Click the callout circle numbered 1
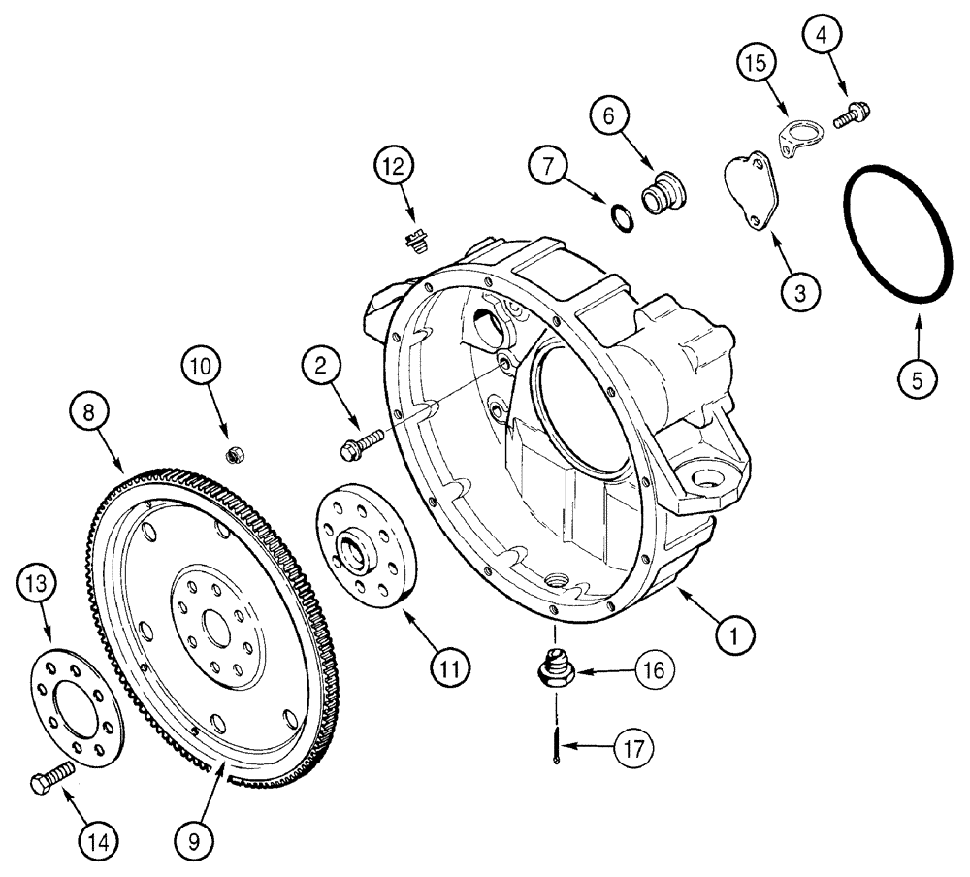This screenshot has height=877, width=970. tap(734, 636)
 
